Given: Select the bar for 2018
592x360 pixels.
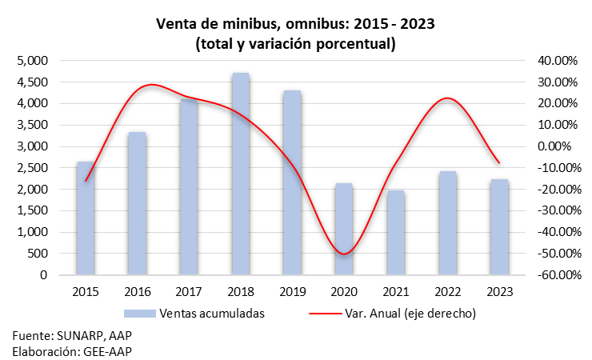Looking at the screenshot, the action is pyautogui.click(x=241, y=174).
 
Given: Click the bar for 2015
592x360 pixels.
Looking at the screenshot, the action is pyautogui.click(x=86, y=218).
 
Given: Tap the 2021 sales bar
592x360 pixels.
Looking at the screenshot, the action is pyautogui.click(x=396, y=233).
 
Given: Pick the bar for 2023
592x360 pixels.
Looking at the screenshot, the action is pyautogui.click(x=499, y=226).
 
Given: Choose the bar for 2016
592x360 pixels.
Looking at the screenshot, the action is pyautogui.click(x=137, y=203).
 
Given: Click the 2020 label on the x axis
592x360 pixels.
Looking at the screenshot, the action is pyautogui.click(x=344, y=292).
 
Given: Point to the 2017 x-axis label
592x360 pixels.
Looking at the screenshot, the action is pyautogui.click(x=189, y=292).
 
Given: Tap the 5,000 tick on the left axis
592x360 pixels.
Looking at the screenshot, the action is pyautogui.click(x=33, y=60).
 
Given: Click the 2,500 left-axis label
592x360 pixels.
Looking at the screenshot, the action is pyautogui.click(x=33, y=167).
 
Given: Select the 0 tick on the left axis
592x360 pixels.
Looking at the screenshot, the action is pyautogui.click(x=44, y=275).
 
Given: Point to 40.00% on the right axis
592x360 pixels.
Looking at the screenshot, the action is pyautogui.click(x=558, y=60).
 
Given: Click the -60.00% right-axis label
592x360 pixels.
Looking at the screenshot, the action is pyautogui.click(x=559, y=275).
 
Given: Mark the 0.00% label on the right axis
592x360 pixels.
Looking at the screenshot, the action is pyautogui.click(x=554, y=146).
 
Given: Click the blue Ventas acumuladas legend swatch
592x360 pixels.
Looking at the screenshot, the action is pyautogui.click(x=140, y=314).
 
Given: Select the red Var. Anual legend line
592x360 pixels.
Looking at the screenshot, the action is pyautogui.click(x=325, y=314).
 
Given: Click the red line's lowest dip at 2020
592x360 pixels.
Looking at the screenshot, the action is pyautogui.click(x=344, y=254).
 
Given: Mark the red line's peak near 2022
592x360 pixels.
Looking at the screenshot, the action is pyautogui.click(x=447, y=98).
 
